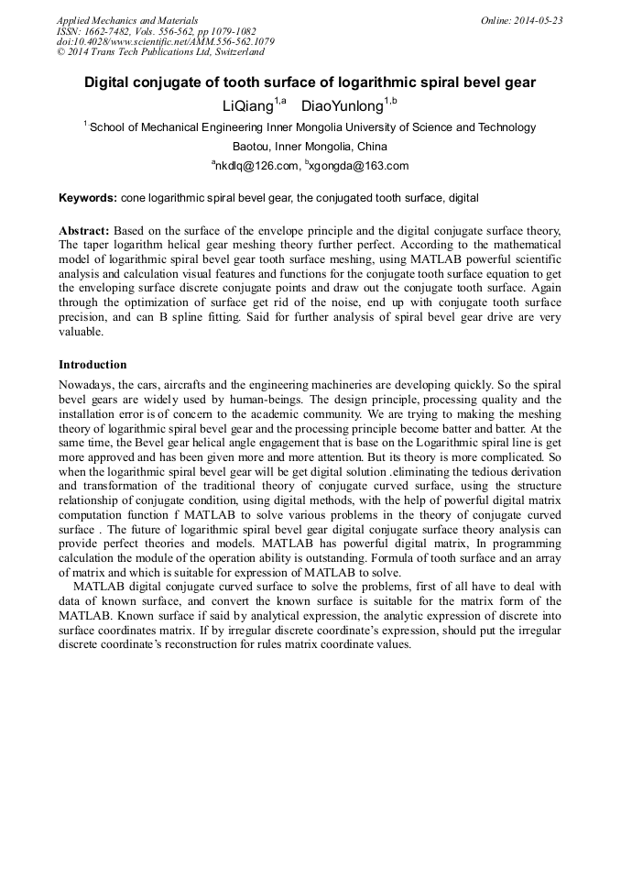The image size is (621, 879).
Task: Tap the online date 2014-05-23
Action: pyautogui.click(x=539, y=20)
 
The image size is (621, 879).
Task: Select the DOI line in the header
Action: pyautogui.click(x=165, y=42)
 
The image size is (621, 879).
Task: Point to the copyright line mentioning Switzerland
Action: pyautogui.click(x=160, y=53)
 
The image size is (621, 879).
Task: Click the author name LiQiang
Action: pyautogui.click(x=248, y=105)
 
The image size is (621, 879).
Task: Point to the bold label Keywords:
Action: pyautogui.click(x=88, y=198)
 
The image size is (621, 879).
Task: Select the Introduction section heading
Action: pyautogui.click(x=93, y=364)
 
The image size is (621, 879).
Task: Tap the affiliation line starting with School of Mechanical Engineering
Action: pyautogui.click(x=311, y=127)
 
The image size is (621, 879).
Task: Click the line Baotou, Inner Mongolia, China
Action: pyautogui.click(x=310, y=147)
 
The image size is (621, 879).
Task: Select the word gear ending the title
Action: pyautogui.click(x=518, y=82)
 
